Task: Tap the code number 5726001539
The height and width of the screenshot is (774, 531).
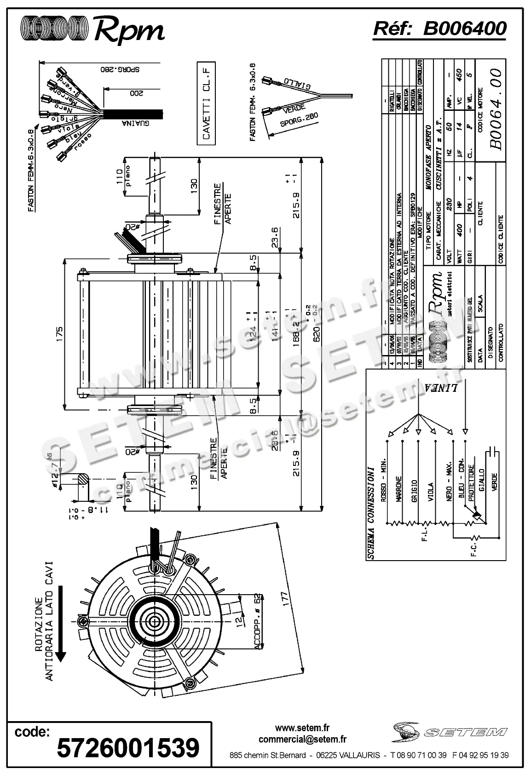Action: pyautogui.click(x=128, y=748)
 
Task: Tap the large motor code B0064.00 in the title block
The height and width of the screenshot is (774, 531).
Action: pyautogui.click(x=496, y=109)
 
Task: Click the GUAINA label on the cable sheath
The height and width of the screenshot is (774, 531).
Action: pyautogui.click(x=133, y=123)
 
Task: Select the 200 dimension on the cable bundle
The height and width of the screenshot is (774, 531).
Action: pyautogui.click(x=135, y=92)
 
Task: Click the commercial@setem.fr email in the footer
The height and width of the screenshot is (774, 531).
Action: pyautogui.click(x=302, y=740)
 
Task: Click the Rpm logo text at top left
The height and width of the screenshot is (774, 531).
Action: pyautogui.click(x=129, y=31)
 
